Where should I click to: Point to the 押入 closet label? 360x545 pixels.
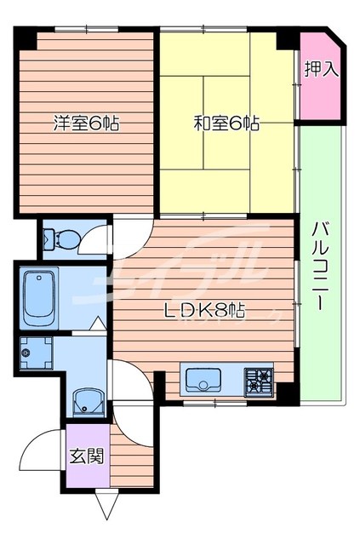pos(322,69)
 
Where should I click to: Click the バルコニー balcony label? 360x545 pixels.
pos(321,277)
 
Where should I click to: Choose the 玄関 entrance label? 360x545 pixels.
pos(87,456)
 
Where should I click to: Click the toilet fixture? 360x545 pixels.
pos(62,239)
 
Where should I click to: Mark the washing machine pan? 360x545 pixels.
pos(37,352)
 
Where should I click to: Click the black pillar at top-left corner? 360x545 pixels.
pos(26,38)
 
